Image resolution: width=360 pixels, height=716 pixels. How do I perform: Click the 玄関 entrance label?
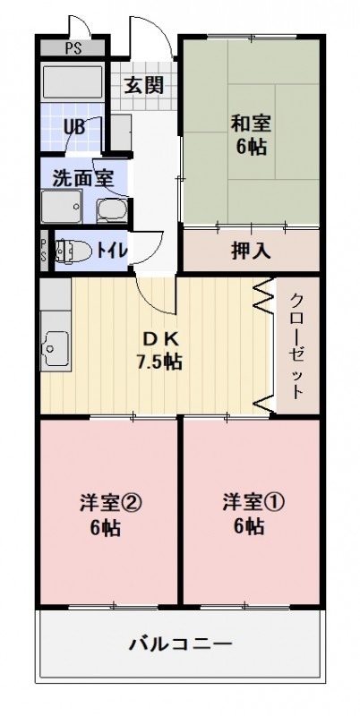144,85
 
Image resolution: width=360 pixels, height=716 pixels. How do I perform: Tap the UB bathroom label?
74,127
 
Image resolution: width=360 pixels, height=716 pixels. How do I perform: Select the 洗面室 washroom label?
82,177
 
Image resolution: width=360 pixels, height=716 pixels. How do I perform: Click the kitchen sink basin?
56,348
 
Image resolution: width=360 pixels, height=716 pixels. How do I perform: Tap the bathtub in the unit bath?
73,81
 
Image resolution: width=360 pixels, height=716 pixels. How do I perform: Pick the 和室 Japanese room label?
251,124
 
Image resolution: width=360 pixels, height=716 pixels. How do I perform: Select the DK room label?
159,339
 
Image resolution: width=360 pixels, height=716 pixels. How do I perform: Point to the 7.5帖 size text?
159,362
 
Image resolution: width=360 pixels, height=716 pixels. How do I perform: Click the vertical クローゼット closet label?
297,346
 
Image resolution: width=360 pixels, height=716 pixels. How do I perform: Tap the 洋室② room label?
110,503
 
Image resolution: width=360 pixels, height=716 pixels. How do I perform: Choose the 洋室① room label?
254,502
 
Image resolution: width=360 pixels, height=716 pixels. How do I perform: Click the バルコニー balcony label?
180,644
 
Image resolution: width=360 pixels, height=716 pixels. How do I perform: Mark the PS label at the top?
73,48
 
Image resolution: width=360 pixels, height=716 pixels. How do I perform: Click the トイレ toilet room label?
111,251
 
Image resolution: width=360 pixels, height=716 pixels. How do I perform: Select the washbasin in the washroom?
112,211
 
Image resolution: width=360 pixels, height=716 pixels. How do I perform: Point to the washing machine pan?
61,207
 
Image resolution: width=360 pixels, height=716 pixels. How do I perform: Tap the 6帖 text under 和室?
252,147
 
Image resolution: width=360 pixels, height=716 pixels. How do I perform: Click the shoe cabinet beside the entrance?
121,132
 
